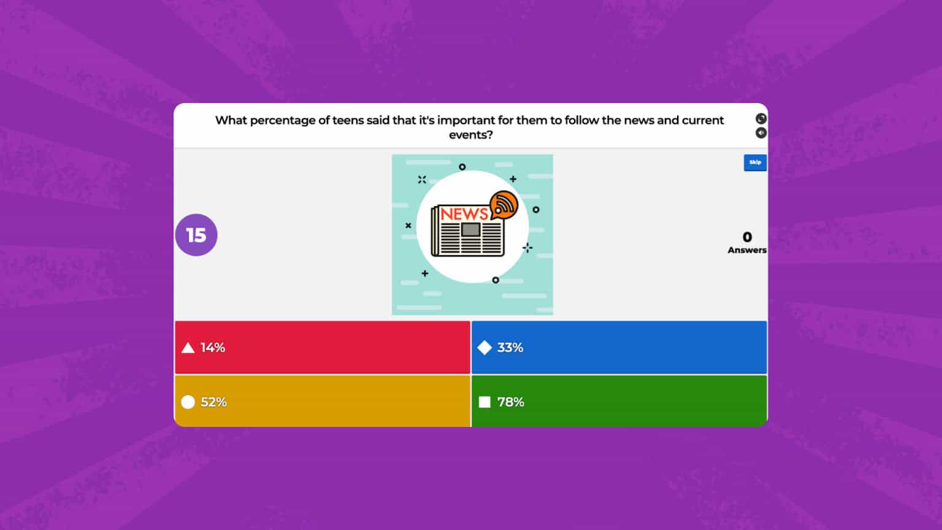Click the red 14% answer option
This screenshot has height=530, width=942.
(x=322, y=347)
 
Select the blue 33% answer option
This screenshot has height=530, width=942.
(x=619, y=347)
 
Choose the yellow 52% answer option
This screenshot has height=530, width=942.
(x=322, y=402)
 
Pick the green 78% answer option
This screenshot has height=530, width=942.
(x=619, y=402)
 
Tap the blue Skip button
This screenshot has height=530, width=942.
(x=755, y=163)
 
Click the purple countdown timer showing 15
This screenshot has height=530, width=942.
(x=196, y=235)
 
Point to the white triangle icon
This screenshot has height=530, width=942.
(x=188, y=348)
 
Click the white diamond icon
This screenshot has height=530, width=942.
(x=484, y=348)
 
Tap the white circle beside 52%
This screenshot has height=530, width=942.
(x=188, y=402)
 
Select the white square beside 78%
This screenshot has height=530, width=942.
(x=484, y=402)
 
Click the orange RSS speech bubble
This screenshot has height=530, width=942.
(x=504, y=205)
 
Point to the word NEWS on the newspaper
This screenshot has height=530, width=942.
(x=464, y=214)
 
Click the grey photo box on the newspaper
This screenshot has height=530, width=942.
(x=470, y=230)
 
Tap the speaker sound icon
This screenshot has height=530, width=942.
(x=761, y=133)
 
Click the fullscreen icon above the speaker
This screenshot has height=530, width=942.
(x=761, y=118)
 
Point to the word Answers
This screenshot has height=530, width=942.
(x=747, y=250)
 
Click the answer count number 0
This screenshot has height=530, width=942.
(x=747, y=237)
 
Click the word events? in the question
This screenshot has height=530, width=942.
(x=470, y=135)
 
